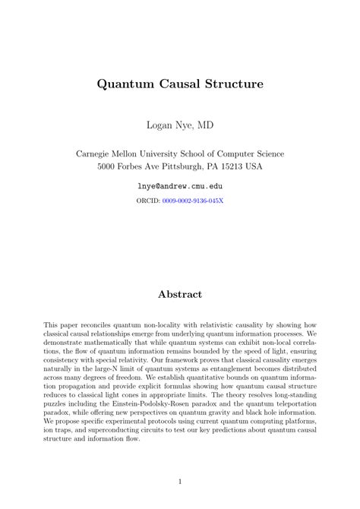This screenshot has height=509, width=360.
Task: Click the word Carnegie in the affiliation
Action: (98, 153)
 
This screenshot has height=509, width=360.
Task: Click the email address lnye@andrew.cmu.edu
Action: (180, 185)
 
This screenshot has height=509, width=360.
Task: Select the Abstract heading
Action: (180, 293)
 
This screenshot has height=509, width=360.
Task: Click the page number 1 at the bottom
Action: (180, 481)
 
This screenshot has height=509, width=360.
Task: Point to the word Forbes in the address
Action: (144, 166)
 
